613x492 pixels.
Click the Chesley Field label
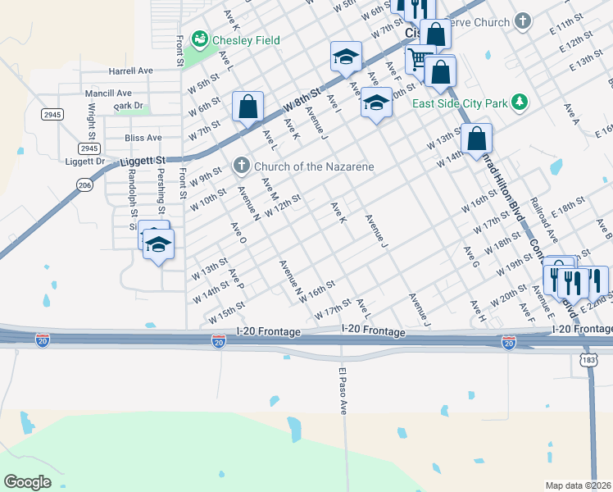pos(246,40)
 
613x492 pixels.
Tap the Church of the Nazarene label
pos(315,166)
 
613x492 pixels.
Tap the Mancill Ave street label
pos(108,93)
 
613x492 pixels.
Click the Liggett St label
pos(143,160)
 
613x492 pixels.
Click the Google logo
pos(28,482)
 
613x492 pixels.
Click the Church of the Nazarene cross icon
pos(242,166)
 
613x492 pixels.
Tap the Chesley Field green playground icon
pos(198,39)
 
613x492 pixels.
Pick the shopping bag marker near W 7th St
pos(247,106)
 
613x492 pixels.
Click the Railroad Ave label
pos(543,219)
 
